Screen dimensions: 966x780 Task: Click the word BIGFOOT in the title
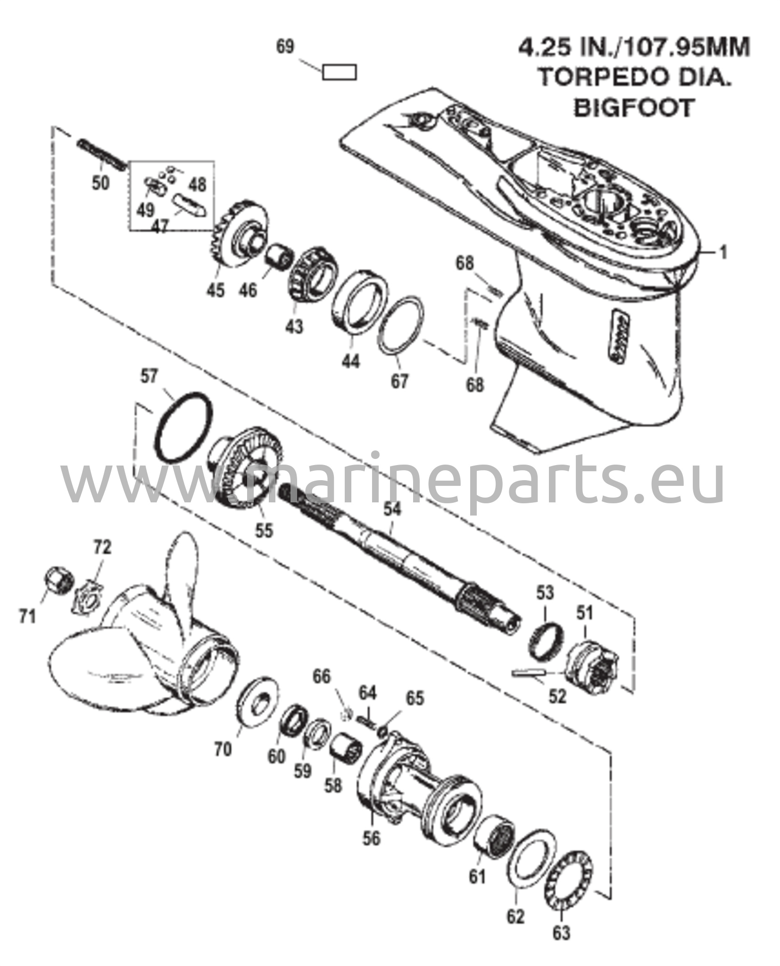pyautogui.click(x=634, y=108)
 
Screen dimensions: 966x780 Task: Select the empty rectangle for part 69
pyautogui.click(x=339, y=72)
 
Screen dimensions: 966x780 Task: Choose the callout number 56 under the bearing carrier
pyautogui.click(x=371, y=838)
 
